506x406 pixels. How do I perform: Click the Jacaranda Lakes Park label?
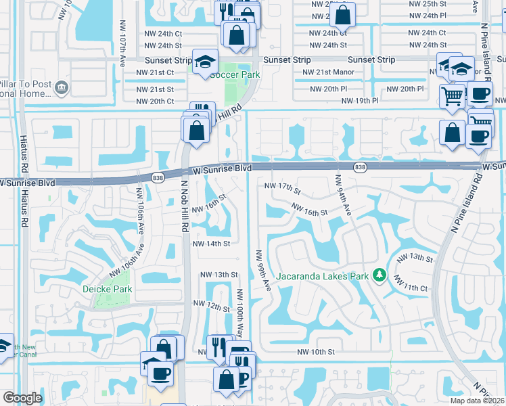click(322, 275)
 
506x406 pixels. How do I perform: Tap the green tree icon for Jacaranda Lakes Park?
click(380, 274)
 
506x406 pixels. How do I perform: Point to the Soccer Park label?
click(235, 74)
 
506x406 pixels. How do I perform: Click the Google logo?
click(22, 398)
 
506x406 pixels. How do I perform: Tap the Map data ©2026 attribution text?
click(477, 401)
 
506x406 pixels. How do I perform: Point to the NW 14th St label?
click(211, 244)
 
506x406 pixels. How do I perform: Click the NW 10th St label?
click(316, 352)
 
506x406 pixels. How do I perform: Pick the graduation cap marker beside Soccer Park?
click(203, 62)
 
